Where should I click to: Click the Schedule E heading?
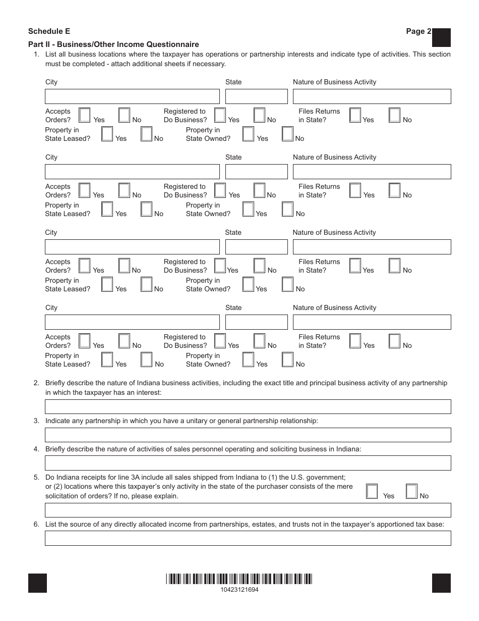click(x=49, y=31)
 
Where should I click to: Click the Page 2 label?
click(x=418, y=31)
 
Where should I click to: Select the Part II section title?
click(x=113, y=44)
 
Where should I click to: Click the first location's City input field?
click(x=132, y=96)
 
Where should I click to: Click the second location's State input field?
click(x=256, y=172)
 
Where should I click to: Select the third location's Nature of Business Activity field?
click(x=372, y=247)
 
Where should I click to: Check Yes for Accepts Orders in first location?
click(x=85, y=116)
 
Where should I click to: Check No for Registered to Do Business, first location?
click(x=260, y=116)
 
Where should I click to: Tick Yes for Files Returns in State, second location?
click(x=355, y=191)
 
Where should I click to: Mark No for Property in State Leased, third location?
click(x=147, y=285)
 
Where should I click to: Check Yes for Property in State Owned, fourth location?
click(x=248, y=360)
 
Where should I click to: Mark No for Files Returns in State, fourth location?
click(x=395, y=341)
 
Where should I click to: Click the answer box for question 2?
click(x=248, y=406)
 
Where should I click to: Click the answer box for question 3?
click(x=248, y=435)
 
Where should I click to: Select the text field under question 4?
click(x=248, y=463)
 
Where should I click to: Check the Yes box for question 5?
click(x=372, y=492)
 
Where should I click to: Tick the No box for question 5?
click(x=412, y=492)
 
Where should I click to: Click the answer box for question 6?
click(x=248, y=538)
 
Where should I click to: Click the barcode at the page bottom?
click(x=239, y=579)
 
